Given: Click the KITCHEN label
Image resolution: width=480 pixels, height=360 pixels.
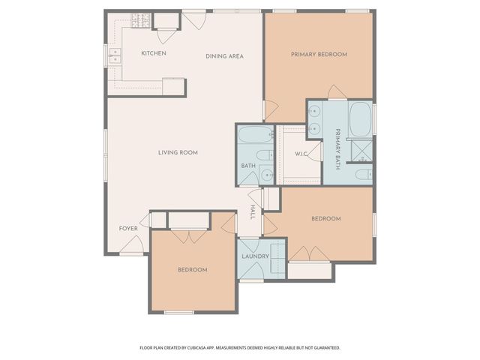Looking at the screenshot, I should tap(154, 53).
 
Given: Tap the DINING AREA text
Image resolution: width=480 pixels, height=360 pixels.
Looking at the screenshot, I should tap(224, 56).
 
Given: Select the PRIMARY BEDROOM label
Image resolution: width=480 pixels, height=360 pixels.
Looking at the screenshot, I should tap(319, 55).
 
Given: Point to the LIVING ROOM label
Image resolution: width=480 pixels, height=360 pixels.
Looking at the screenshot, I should tap(178, 152).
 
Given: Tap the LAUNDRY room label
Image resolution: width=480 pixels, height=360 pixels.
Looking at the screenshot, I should tap(255, 256).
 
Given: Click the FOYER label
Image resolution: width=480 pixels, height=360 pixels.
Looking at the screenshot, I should tap(128, 228).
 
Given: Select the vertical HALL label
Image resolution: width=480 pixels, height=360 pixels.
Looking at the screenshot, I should tap(253, 212).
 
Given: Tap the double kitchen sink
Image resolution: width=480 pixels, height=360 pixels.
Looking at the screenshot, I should tap(115, 55).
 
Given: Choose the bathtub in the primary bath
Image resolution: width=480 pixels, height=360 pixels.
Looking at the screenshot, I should tap(361, 118).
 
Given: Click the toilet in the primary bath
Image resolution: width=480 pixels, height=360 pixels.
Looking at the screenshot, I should tap(361, 175).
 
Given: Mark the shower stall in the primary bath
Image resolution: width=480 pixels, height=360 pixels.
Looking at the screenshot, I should tap(363, 150).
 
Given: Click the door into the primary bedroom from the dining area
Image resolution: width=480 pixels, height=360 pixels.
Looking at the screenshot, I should tap(268, 111).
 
